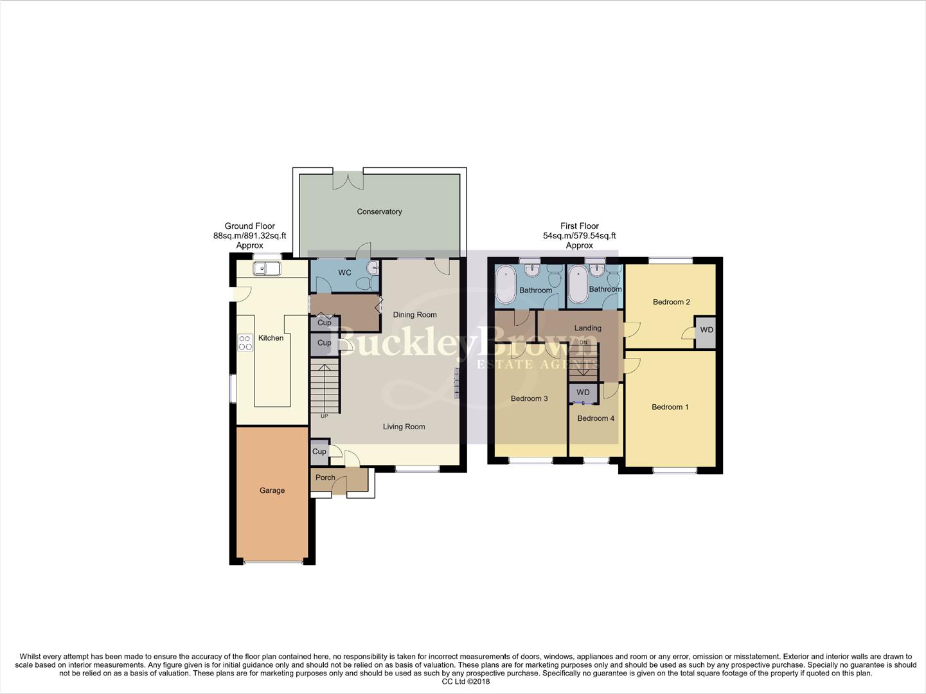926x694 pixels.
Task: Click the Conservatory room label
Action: click(x=379, y=211)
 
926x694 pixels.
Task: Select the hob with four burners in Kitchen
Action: click(x=245, y=343)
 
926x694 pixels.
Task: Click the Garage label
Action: click(x=272, y=490)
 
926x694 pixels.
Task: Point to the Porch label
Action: click(x=325, y=477)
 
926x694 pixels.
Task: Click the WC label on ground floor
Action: click(x=344, y=272)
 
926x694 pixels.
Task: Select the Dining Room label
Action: click(x=414, y=315)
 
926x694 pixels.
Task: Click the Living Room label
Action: click(x=404, y=427)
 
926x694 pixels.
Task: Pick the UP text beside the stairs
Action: click(x=324, y=416)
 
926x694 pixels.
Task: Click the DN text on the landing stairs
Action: click(x=583, y=343)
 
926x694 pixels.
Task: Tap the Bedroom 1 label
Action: click(x=670, y=407)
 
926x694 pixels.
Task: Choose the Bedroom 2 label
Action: click(x=671, y=302)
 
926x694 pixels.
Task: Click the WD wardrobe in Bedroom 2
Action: click(x=706, y=330)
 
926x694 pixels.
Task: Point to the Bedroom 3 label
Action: click(x=529, y=398)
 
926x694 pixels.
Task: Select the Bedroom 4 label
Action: click(x=595, y=418)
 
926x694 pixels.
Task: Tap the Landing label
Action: click(x=587, y=328)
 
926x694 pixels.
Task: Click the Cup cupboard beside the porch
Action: click(x=319, y=452)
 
